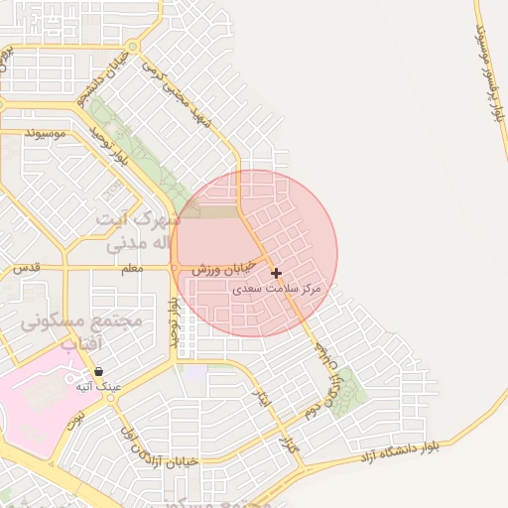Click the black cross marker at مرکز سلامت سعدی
tap(276, 272)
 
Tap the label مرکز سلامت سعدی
tap(278, 289)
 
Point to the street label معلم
tap(131, 269)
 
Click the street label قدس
tap(26, 269)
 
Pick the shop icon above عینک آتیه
tap(99, 370)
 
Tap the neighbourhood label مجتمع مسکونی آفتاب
tap(81, 332)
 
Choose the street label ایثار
tap(262, 400)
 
